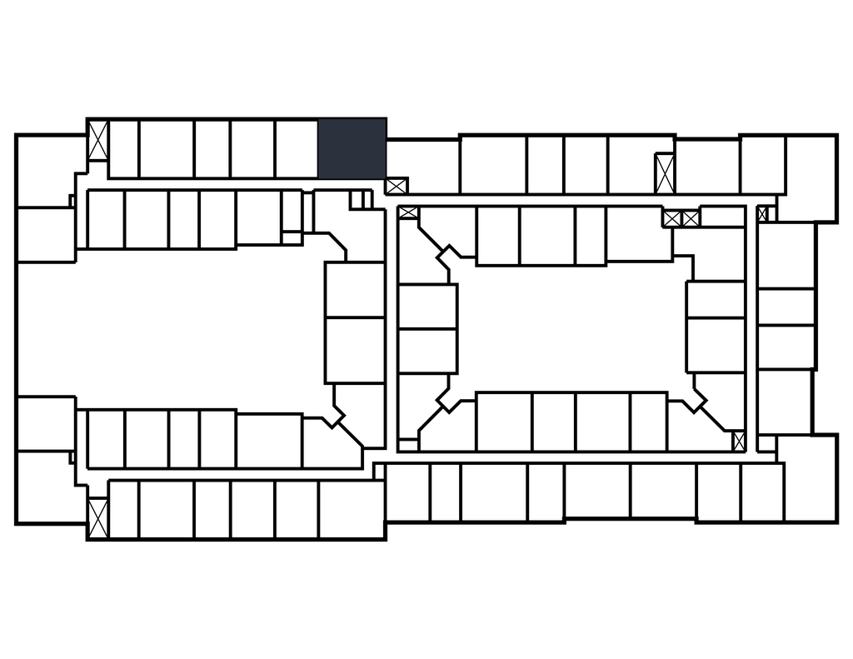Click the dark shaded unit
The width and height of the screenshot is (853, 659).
(x=352, y=148)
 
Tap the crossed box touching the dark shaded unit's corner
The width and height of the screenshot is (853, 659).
(x=396, y=186)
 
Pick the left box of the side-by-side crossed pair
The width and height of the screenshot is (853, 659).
(x=671, y=218)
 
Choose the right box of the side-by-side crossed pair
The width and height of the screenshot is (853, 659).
(x=691, y=218)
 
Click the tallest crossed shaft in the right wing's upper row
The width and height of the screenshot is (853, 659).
(x=664, y=173)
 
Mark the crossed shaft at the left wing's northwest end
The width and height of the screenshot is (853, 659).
(x=98, y=140)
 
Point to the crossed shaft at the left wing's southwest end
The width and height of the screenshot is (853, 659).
(x=98, y=517)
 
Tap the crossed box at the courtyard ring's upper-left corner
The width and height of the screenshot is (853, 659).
(x=408, y=212)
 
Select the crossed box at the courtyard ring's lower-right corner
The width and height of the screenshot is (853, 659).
(x=738, y=441)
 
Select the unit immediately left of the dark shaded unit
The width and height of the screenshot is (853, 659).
(x=297, y=149)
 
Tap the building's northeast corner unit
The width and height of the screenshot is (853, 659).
(x=810, y=177)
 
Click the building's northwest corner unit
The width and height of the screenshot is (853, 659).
(x=50, y=171)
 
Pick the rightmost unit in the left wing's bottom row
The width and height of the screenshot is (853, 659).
(x=351, y=508)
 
